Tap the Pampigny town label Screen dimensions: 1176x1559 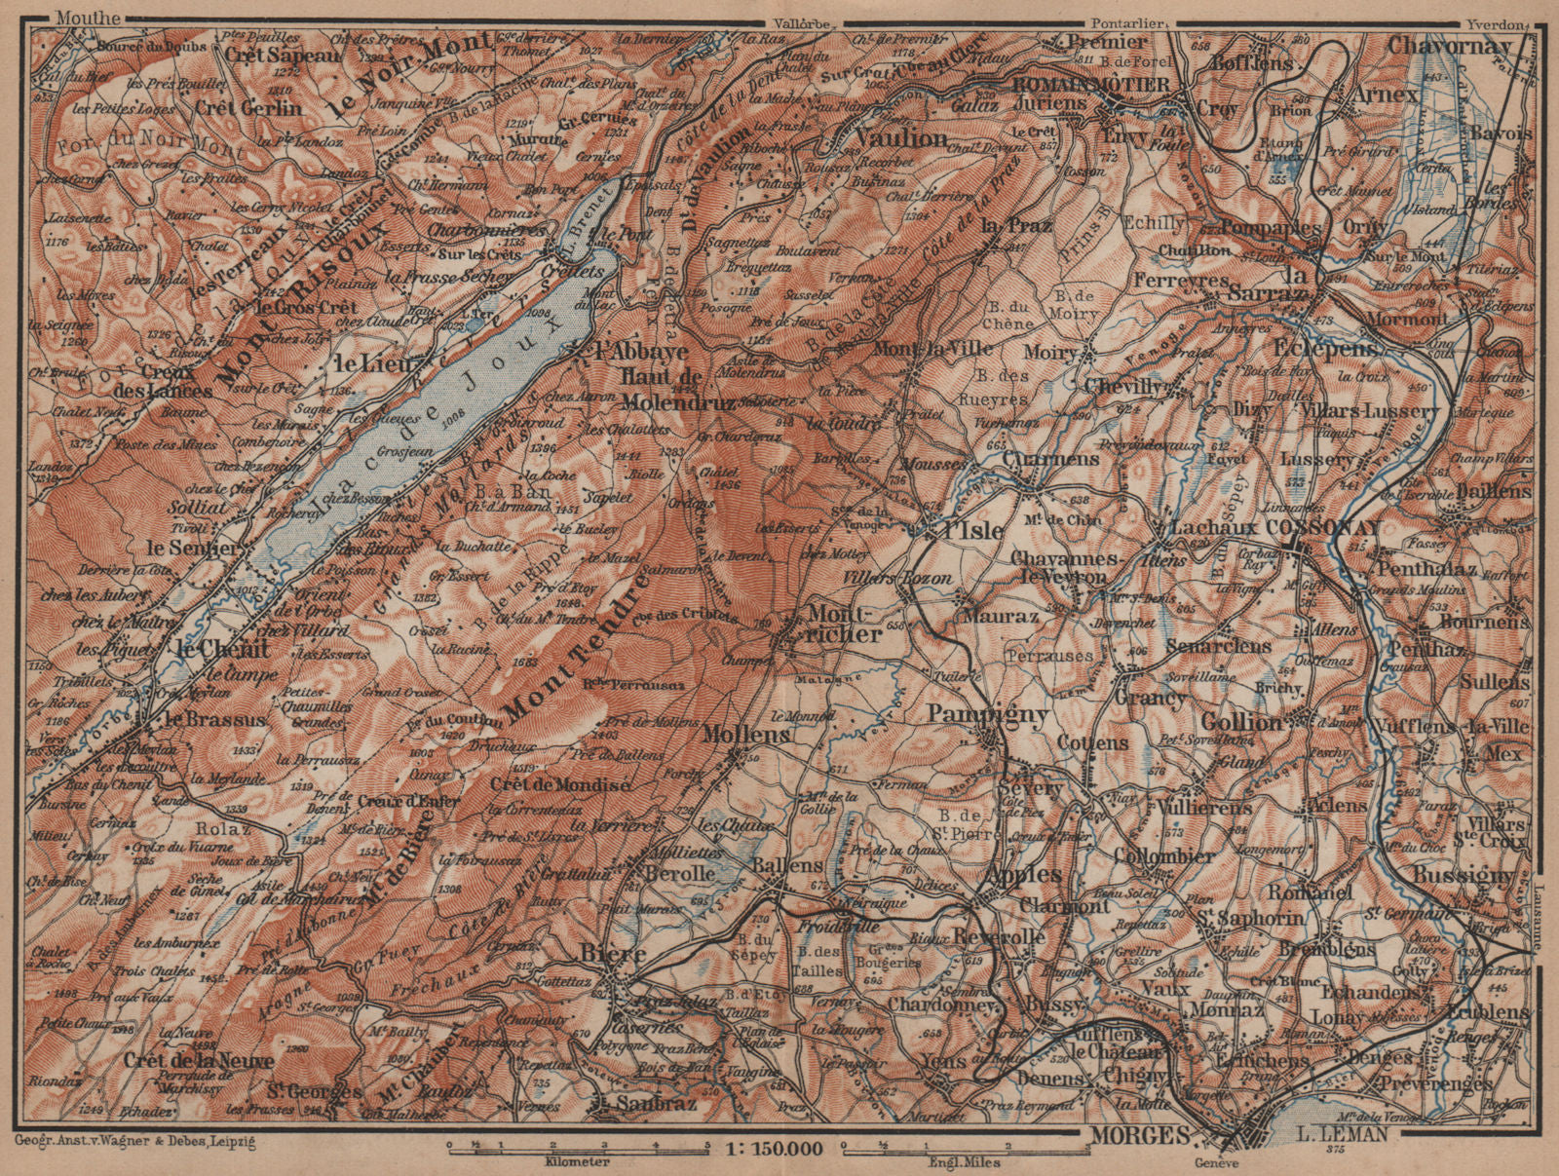[987, 715]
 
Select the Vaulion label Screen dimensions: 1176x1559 [902, 137]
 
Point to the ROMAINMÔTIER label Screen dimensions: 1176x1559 [1091, 85]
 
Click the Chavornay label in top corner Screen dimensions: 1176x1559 [1448, 46]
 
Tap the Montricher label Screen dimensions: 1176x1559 [845, 624]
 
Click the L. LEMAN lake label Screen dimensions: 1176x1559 [1344, 1134]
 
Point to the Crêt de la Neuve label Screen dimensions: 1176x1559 [197, 1058]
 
